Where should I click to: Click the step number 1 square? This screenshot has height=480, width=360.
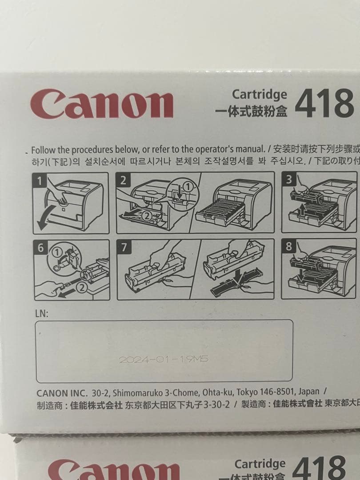coord(40,180)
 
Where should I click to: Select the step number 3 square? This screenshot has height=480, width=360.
coord(289,180)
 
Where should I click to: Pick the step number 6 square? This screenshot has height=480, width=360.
coord(40,248)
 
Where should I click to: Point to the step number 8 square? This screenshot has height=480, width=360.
coord(289,247)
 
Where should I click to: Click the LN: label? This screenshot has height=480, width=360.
coord(41,313)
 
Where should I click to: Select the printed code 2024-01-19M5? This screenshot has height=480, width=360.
coord(163,360)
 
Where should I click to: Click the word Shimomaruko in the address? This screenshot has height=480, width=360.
coord(136,392)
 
